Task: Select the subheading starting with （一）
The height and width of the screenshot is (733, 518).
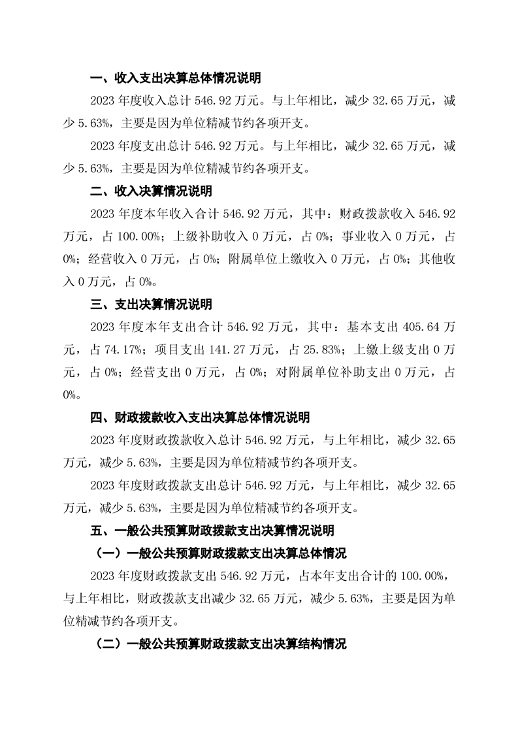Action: pyautogui.click(x=216, y=553)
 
